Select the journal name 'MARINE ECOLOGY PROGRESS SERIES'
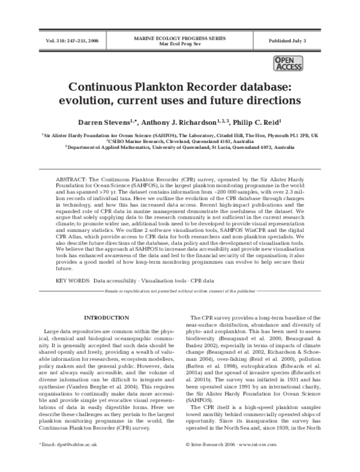pos(180,38)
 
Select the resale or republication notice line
pos(179,291)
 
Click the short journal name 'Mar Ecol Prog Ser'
pos(180,44)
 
